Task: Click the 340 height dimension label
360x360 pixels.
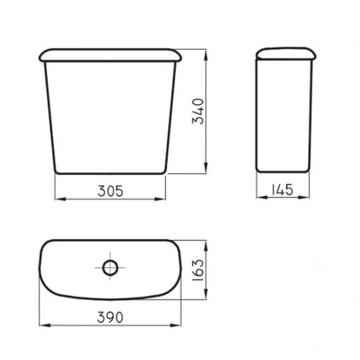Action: (198, 111)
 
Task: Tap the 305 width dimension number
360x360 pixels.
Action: (110, 191)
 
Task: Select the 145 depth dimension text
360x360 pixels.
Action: (283, 189)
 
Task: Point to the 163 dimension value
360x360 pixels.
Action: (198, 270)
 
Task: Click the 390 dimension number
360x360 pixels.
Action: (110, 317)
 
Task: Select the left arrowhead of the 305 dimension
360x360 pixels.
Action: (60, 199)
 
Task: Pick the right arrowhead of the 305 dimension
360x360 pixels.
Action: (160, 199)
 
